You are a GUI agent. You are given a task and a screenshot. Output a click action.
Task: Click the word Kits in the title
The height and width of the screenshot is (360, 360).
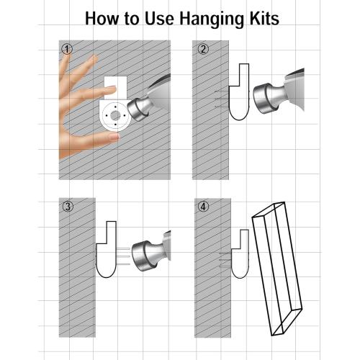pyautogui.click(x=264, y=19)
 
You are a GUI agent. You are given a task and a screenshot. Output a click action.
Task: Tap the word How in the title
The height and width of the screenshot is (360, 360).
pyautogui.click(x=102, y=19)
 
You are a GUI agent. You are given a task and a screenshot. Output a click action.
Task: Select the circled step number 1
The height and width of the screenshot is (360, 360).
pyautogui.click(x=67, y=50)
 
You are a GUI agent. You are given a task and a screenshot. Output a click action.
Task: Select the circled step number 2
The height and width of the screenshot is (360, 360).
pyautogui.click(x=203, y=49)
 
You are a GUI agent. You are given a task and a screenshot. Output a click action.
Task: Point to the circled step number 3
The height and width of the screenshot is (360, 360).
pyautogui.click(x=68, y=207)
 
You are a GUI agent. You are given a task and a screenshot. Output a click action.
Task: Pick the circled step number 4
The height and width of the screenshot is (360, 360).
pyautogui.click(x=204, y=207)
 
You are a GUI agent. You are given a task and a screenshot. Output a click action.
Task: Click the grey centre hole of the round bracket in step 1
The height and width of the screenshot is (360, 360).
pyautogui.click(x=115, y=116)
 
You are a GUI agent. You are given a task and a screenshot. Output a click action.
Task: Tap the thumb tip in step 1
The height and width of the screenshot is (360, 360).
pyautogui.click(x=114, y=137)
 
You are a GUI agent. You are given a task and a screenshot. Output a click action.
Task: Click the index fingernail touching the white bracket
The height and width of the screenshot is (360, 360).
pyautogui.click(x=112, y=89)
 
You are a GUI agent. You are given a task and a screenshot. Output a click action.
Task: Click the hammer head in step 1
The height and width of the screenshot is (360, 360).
pyautogui.click(x=138, y=109)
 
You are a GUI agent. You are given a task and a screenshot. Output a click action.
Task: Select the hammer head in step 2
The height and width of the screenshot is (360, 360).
pyautogui.click(x=264, y=99)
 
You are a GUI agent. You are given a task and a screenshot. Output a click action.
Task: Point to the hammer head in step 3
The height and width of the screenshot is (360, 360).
pyautogui.click(x=143, y=256)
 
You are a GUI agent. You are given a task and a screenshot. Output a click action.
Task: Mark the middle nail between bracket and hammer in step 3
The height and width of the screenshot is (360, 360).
pyautogui.click(x=123, y=256)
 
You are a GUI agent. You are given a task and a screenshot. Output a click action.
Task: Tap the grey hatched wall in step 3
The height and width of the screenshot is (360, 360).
pyautogui.click(x=77, y=268)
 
